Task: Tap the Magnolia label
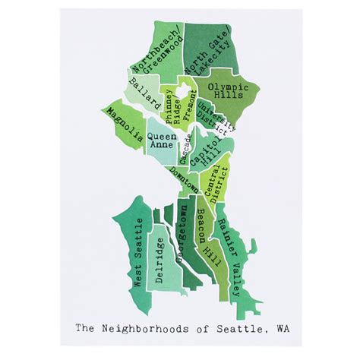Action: pos(125,126)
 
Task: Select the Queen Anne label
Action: pos(162,143)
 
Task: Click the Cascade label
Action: pos(188,148)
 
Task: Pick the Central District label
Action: pos(219,183)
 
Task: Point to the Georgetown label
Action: pos(183,235)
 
